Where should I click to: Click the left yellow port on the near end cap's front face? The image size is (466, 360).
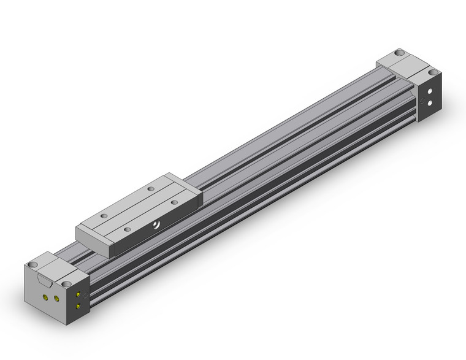click(x=45, y=297)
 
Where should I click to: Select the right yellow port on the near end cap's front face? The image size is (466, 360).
click(x=56, y=299)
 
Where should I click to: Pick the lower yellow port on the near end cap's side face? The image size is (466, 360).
click(x=78, y=306)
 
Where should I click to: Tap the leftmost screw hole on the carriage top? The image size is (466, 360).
click(x=103, y=216)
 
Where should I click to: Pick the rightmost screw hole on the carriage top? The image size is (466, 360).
click(x=175, y=201)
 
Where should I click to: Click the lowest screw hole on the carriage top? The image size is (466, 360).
click(x=126, y=229)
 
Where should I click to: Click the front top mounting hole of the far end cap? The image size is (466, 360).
click(x=434, y=73)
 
